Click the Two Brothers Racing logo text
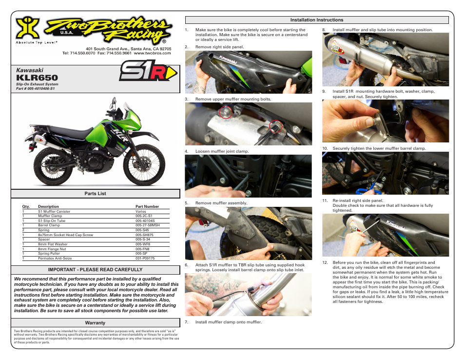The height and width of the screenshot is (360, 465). click(110, 31)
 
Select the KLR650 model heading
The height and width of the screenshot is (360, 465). click(37, 78)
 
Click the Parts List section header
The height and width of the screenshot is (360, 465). click(95, 194)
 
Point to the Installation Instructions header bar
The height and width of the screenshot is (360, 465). click(316, 20)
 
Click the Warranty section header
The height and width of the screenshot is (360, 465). click(95, 323)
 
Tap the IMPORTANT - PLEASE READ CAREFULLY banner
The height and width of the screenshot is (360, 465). click(95, 269)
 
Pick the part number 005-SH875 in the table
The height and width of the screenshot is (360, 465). click(145, 235)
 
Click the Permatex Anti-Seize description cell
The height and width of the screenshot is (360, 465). click(55, 258)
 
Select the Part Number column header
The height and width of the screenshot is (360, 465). click(147, 206)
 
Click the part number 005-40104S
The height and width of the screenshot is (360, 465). click(145, 220)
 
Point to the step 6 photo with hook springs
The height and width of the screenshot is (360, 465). click(248, 294)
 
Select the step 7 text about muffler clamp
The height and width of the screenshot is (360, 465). click(229, 322)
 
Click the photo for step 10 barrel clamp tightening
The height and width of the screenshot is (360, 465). click(385, 173)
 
